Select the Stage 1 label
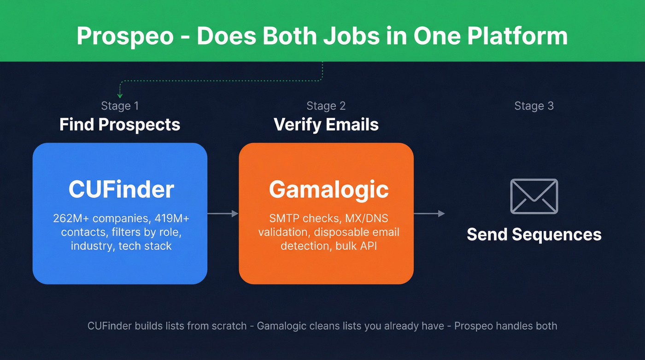pyautogui.click(x=120, y=106)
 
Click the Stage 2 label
pyautogui.click(x=326, y=106)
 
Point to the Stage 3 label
pyautogui.click(x=534, y=106)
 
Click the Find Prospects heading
pyautogui.click(x=120, y=124)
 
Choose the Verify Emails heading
pyautogui.click(x=326, y=124)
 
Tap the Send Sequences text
pyautogui.click(x=534, y=234)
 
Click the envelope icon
pyautogui.click(x=534, y=196)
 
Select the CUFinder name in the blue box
pyautogui.click(x=121, y=189)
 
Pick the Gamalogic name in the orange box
pyautogui.click(x=328, y=189)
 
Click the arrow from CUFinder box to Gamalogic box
pyautogui.click(x=223, y=213)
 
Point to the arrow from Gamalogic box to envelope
pyautogui.click(x=429, y=213)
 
